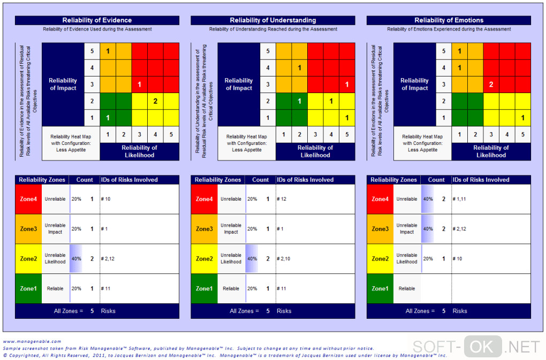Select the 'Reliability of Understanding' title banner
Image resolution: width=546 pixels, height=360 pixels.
click(272, 20)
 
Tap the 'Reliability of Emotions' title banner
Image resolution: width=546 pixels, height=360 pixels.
click(449, 20)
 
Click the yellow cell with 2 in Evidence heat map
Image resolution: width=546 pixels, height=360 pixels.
click(155, 101)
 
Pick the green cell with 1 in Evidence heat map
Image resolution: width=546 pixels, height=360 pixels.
click(108, 118)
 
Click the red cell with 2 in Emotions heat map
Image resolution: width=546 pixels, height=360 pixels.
click(491, 84)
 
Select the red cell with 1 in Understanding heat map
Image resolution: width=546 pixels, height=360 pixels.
click(347, 84)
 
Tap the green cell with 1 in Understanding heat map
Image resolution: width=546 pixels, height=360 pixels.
click(300, 101)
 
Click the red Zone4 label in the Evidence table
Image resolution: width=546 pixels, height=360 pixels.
click(28, 199)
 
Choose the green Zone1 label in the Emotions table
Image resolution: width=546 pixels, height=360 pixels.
click(380, 289)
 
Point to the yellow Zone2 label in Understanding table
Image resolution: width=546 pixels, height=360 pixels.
click(204, 259)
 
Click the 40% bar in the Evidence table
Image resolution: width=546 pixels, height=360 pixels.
click(76, 259)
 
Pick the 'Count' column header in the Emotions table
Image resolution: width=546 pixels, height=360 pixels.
click(436, 180)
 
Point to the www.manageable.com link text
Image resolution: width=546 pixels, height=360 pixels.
click(32, 341)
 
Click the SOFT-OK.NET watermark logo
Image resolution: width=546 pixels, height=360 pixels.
click(475, 347)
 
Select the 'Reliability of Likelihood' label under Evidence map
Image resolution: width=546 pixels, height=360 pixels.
click(139, 151)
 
